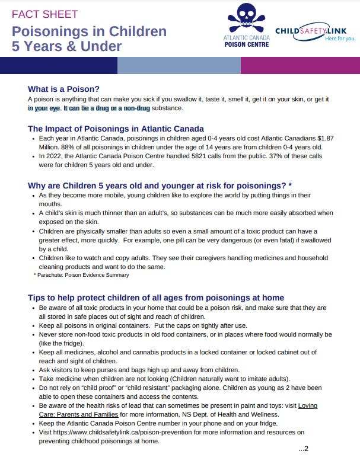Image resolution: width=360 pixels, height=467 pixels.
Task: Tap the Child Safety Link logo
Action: pos(315,30)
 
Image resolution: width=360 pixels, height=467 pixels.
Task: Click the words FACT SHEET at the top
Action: pos(44,14)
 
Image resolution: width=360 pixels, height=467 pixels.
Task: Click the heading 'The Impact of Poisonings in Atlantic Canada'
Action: pos(116,129)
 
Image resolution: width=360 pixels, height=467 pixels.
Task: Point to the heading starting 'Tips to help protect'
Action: pos(156,298)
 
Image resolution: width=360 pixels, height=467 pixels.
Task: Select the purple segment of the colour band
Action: pos(300,65)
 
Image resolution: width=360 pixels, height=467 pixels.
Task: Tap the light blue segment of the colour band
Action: pos(179,65)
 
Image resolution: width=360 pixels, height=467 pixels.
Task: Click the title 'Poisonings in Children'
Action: pos(89,31)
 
